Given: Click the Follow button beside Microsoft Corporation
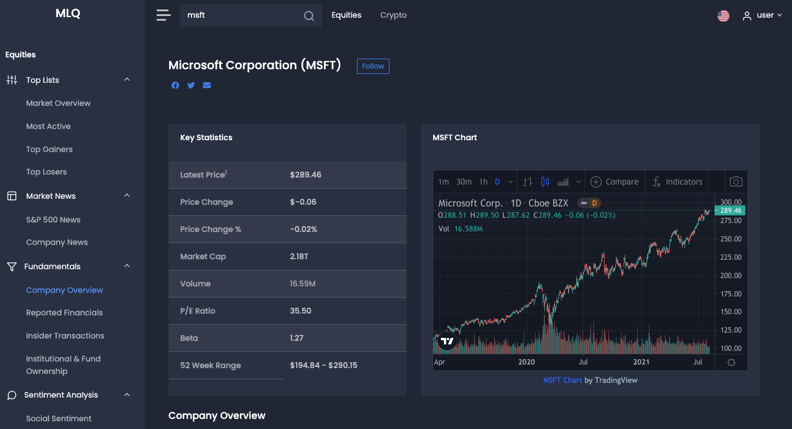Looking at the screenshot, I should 373,66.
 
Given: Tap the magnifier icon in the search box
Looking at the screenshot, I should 309,16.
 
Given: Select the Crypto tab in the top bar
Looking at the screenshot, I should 393,15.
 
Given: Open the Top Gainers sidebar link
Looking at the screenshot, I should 49,149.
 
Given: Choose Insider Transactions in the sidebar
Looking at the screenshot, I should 65,336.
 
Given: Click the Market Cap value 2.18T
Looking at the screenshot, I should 299,257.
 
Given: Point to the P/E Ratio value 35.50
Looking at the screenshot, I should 300,311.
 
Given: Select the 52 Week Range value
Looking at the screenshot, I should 323,366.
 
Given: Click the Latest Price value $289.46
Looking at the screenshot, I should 306,175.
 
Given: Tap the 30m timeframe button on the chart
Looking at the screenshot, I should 464,182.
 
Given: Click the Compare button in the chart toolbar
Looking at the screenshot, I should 615,182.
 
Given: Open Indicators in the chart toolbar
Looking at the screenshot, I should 677,182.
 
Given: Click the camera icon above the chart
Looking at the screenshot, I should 736,182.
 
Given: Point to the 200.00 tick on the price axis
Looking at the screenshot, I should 730,276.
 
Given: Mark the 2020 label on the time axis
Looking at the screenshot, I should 526,362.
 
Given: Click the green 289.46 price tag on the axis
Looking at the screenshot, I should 731,211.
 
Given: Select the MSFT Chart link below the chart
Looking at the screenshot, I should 562,380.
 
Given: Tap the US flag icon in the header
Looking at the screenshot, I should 723,16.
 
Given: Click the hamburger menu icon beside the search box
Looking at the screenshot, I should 163,15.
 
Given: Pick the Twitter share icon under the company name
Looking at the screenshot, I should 191,85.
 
